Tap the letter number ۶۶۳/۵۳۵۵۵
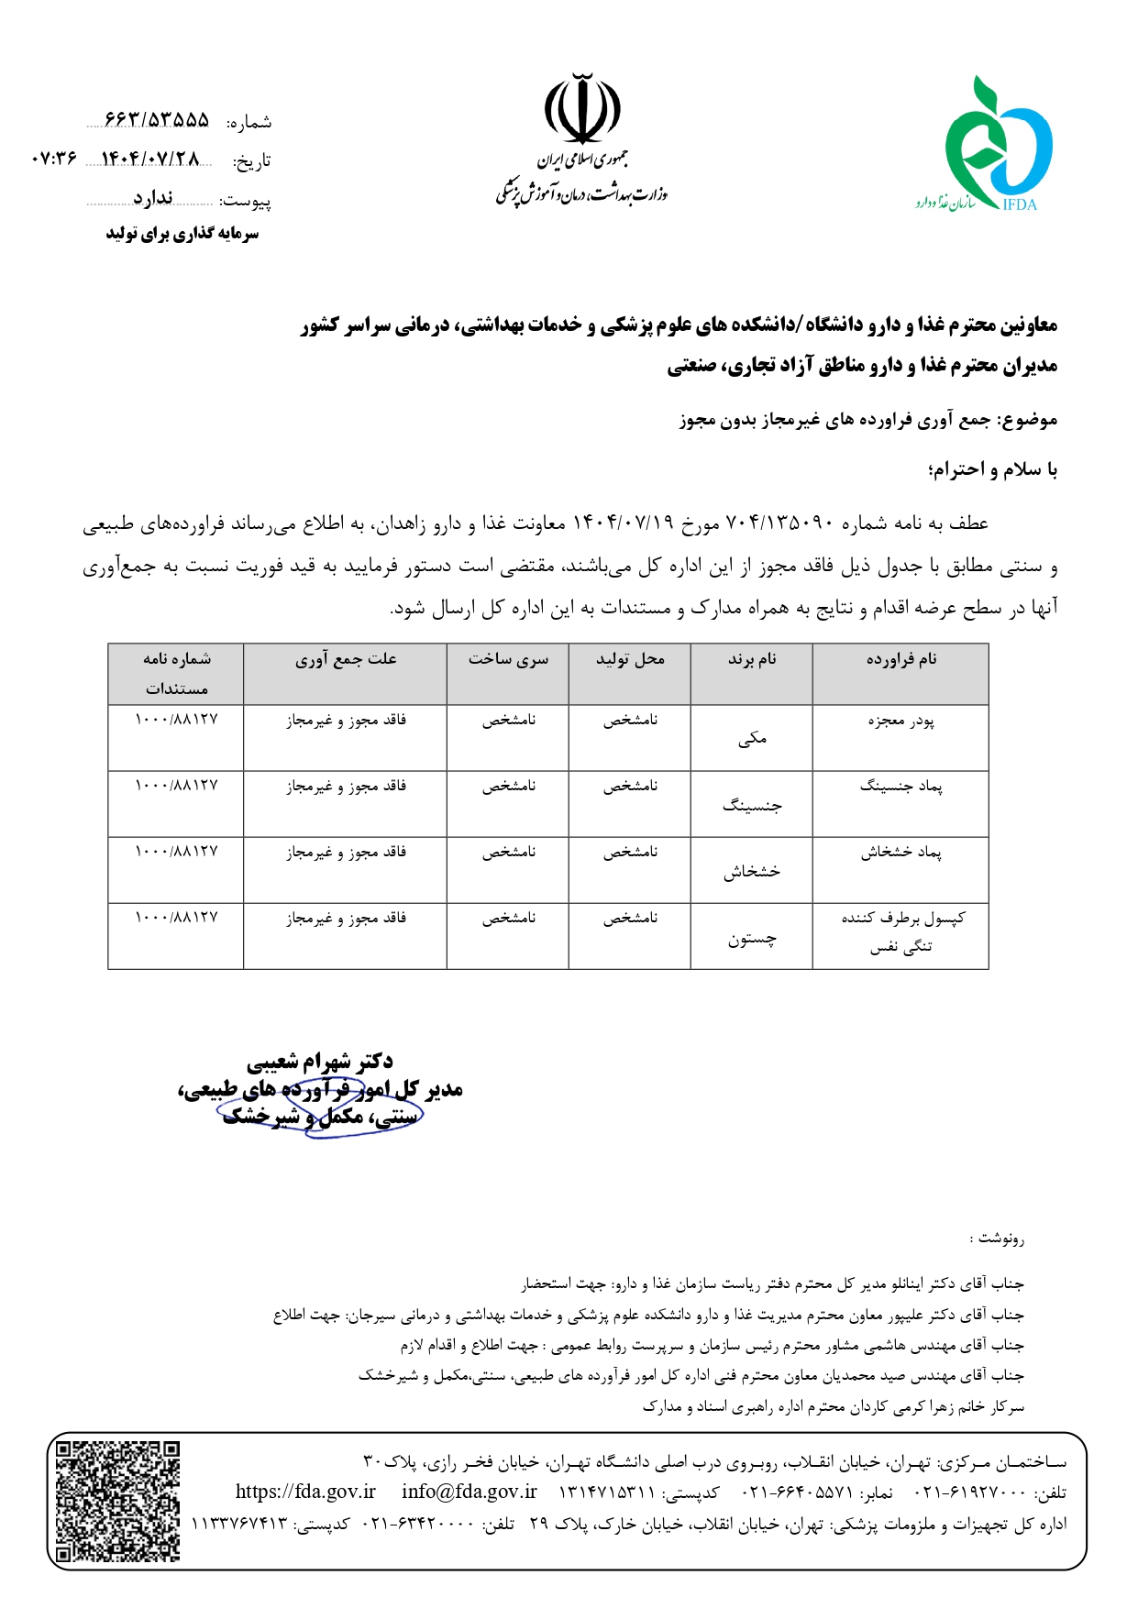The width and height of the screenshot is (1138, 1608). click(x=157, y=120)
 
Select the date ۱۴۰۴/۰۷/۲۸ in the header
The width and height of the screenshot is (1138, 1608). click(x=149, y=160)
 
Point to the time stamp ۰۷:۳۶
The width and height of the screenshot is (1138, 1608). click(x=54, y=160)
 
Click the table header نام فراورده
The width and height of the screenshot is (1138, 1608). click(x=900, y=659)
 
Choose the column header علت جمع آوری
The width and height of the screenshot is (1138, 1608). click(x=346, y=659)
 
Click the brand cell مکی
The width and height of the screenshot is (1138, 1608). click(x=752, y=739)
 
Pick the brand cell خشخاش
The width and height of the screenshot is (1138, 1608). click(x=752, y=871)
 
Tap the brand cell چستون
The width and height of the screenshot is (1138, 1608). click(x=752, y=939)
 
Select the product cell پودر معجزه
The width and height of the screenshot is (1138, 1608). click(x=900, y=721)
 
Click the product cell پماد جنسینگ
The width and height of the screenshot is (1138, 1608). click(x=900, y=787)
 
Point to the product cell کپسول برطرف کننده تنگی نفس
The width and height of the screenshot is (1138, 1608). click(x=900, y=931)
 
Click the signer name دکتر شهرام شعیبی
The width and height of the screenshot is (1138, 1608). click(x=319, y=1062)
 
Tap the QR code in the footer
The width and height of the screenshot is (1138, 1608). click(x=117, y=1501)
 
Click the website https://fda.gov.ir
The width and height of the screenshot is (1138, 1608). click(x=305, y=1492)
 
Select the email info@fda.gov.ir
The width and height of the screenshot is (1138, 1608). click(x=469, y=1492)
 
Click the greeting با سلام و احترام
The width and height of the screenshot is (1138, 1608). click(x=993, y=470)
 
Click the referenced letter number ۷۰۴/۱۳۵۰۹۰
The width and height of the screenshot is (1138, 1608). click(x=779, y=523)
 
